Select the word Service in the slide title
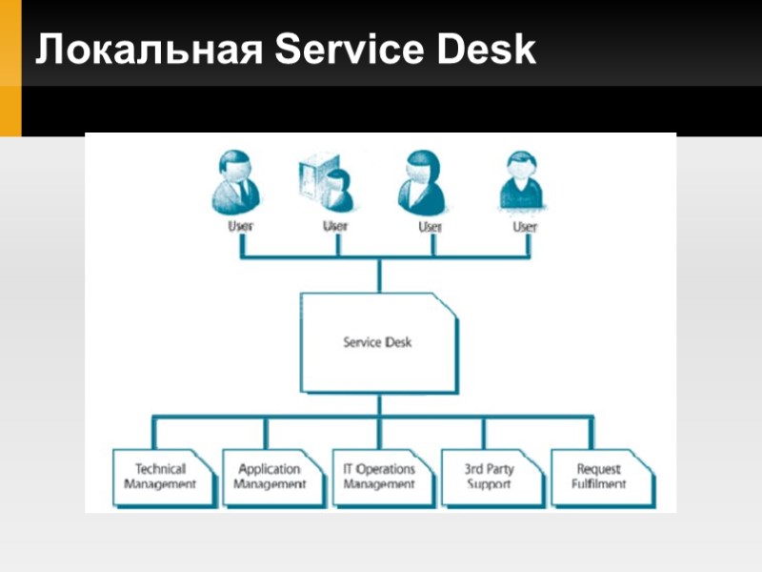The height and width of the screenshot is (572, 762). (349, 50)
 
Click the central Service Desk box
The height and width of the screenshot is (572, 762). (378, 342)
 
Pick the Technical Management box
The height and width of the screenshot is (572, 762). (159, 477)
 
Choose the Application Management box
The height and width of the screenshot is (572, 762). (270, 477)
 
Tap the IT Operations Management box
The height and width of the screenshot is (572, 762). (379, 477)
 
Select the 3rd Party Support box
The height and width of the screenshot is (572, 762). (490, 477)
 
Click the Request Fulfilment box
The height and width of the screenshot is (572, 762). (599, 477)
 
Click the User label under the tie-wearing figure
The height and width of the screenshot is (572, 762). (241, 227)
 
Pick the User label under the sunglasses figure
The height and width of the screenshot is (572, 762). (525, 227)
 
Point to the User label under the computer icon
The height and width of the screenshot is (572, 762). (335, 226)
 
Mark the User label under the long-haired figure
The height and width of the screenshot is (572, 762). (431, 227)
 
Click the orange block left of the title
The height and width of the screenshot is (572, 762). (10, 67)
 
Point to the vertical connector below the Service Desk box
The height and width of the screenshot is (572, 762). (378, 404)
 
